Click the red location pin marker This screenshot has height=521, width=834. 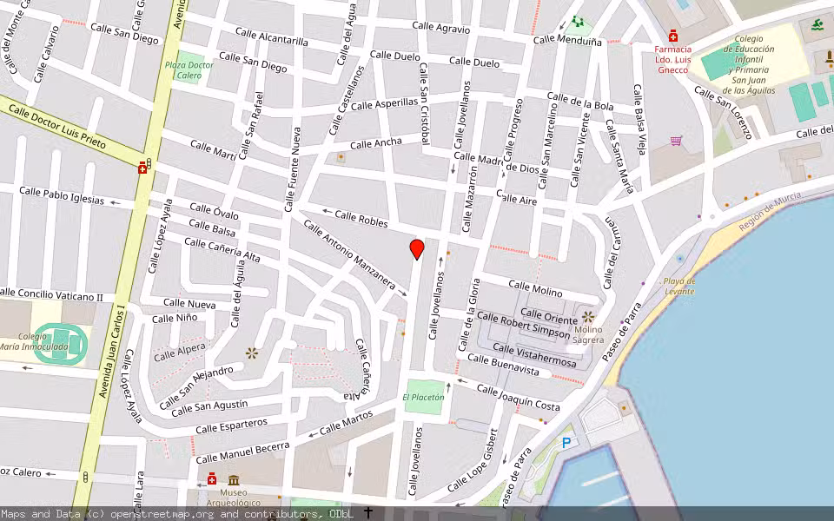pos(417,249)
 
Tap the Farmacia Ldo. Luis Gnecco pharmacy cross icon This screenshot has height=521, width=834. pos(673,37)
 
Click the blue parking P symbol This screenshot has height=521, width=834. pos(567,443)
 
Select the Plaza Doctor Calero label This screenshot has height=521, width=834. pos(189,70)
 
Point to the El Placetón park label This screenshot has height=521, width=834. pos(423,397)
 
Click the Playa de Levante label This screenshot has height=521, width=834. pos(678,287)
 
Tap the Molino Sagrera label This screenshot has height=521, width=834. pos(588,335)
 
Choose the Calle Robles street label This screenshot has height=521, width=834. pos(361,218)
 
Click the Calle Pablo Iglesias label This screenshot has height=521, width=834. pos(62,195)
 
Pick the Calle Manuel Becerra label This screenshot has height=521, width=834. pos(242,452)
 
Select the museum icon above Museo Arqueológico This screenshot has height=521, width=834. pos(234,480)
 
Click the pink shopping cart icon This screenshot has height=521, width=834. pos(676,140)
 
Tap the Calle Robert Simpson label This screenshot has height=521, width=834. pos(523,326)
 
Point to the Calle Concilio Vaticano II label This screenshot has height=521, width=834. pos(52,295)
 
